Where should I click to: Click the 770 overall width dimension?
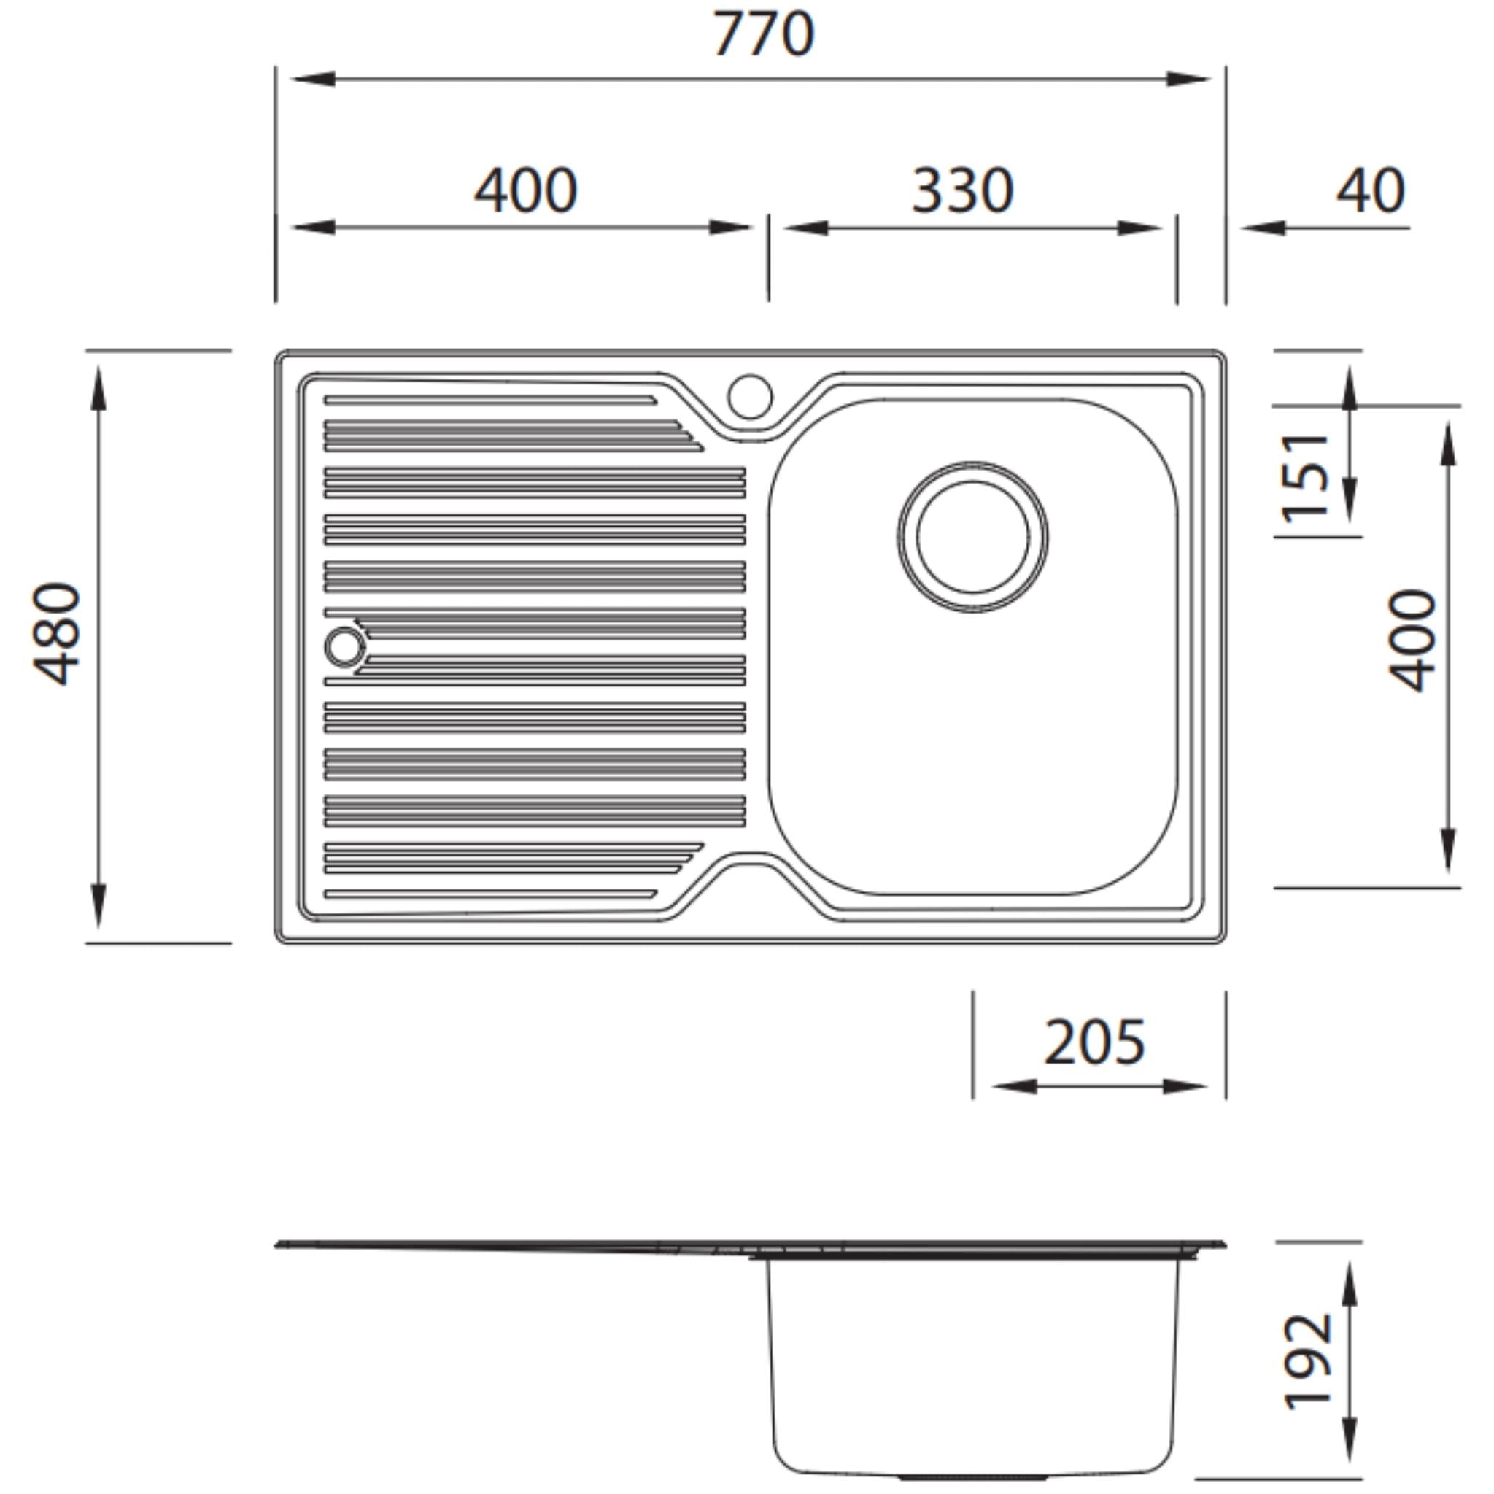click(x=762, y=35)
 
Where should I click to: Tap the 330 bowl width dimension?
click(x=962, y=191)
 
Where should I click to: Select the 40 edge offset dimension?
click(x=1370, y=191)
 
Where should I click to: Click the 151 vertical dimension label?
click(x=1305, y=477)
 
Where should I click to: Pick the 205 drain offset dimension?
click(x=1094, y=1042)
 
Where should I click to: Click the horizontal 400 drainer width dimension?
click(x=525, y=191)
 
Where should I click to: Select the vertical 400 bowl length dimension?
click(x=1412, y=640)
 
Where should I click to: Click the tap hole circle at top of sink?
click(x=749, y=396)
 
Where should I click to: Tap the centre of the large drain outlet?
click(x=973, y=538)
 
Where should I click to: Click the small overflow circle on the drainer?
click(x=344, y=646)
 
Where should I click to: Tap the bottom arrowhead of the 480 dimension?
click(x=98, y=905)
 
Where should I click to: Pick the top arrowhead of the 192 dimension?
click(x=1350, y=1285)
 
